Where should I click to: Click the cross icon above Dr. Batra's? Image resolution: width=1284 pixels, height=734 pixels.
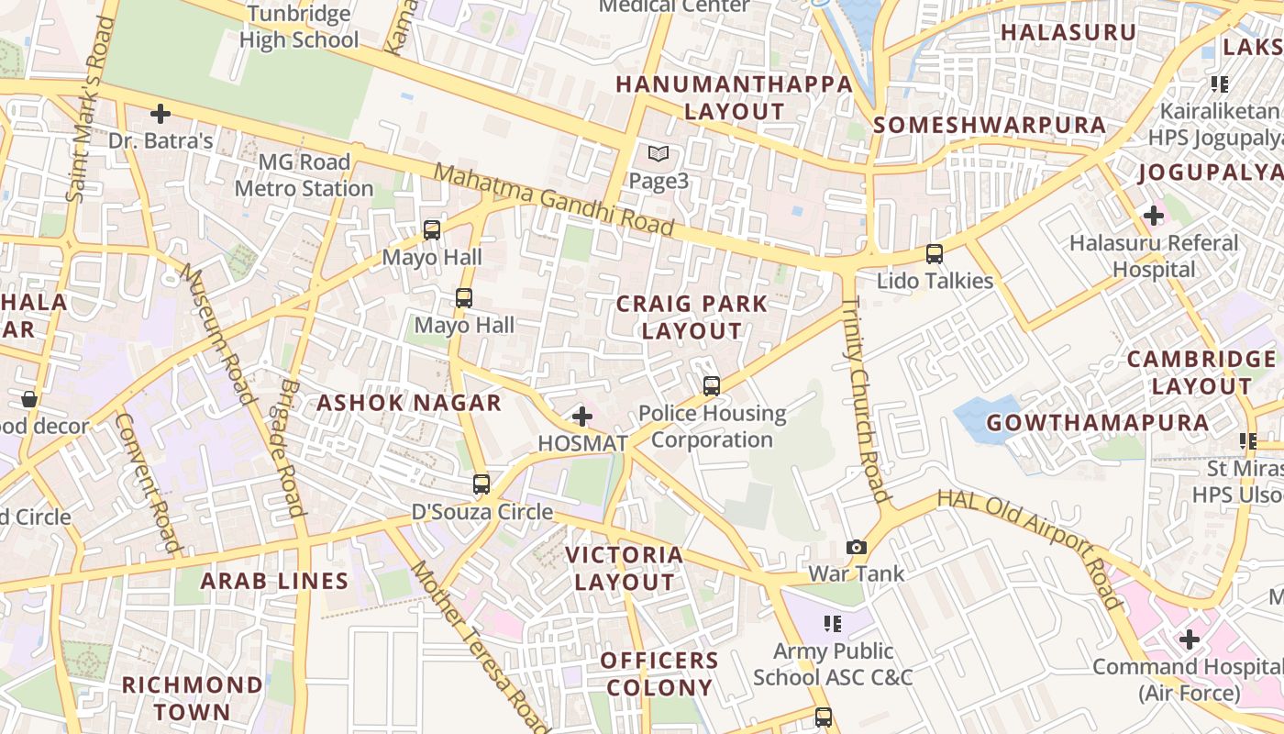click(x=160, y=114)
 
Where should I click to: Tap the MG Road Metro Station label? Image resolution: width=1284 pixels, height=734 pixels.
click(x=304, y=175)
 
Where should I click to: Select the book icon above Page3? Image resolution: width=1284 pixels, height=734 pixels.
click(x=659, y=154)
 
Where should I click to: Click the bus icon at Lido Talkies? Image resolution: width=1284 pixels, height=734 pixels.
click(x=935, y=254)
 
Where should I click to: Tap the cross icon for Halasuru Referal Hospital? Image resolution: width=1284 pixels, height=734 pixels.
click(x=1153, y=216)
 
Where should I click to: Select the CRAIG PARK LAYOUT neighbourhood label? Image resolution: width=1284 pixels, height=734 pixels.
click(x=692, y=317)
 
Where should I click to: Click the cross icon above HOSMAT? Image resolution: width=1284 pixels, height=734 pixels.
click(x=581, y=417)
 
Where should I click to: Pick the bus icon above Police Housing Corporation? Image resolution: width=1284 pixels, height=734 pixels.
click(x=712, y=386)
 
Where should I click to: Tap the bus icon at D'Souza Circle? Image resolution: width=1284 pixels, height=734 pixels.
click(x=481, y=484)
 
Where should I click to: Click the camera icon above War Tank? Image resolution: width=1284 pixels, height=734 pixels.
click(x=857, y=547)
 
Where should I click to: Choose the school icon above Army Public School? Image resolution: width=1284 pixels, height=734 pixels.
click(x=833, y=624)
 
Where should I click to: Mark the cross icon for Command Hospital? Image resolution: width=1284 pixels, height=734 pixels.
click(x=1190, y=639)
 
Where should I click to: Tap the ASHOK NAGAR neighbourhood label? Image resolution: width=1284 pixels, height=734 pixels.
click(x=409, y=403)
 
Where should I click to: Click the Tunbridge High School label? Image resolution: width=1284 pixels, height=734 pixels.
click(x=299, y=27)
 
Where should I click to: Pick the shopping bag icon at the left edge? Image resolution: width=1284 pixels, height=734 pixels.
click(x=29, y=399)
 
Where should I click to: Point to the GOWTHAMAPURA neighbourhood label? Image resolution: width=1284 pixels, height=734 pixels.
click(x=1098, y=423)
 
